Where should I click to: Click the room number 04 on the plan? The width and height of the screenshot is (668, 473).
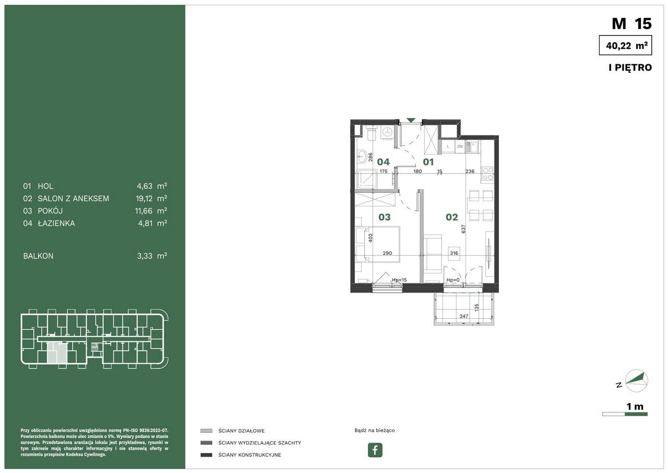click(383, 162)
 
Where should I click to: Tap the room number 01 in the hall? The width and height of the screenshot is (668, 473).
click(428, 162)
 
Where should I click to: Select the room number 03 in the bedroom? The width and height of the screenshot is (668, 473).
click(385, 217)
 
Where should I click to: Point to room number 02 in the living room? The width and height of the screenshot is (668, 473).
click(451, 217)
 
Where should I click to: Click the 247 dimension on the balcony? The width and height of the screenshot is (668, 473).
click(464, 316)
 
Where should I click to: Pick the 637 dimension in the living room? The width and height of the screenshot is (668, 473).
click(463, 229)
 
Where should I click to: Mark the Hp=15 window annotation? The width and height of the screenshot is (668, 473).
click(399, 280)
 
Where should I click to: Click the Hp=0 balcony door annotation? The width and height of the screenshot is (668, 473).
click(452, 280)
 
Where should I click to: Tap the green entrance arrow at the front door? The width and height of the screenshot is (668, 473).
click(411, 120)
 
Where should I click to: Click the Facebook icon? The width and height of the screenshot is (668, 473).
click(375, 449)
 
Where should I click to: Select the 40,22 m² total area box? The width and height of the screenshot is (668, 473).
click(625, 45)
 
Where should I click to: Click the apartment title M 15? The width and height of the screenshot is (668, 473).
click(631, 24)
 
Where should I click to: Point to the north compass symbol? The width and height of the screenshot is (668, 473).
click(636, 380)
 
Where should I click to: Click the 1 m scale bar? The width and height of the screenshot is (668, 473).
click(625, 414)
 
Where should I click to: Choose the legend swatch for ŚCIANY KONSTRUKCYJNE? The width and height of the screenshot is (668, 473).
click(206, 455)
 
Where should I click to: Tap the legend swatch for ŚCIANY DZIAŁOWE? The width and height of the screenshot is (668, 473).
click(206, 431)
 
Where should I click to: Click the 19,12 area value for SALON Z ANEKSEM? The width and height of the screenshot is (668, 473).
click(144, 199)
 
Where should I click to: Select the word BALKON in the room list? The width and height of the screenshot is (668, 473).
click(38, 256)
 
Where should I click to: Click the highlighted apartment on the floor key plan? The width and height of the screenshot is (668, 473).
click(57, 353)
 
